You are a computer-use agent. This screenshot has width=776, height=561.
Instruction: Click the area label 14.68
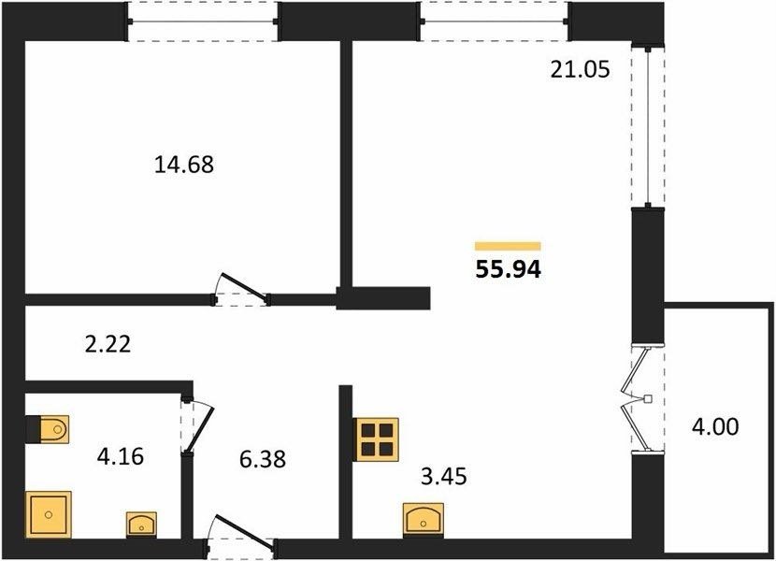click(184, 165)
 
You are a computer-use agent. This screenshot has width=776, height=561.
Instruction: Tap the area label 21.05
click(580, 70)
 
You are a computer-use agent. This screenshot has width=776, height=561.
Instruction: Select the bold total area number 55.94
click(509, 269)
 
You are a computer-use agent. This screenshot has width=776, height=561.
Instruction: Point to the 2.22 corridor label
click(108, 344)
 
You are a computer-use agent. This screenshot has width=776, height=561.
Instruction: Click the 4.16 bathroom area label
click(121, 456)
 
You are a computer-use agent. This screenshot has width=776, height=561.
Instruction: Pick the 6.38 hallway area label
click(263, 459)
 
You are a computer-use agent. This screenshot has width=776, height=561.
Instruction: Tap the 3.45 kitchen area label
click(444, 476)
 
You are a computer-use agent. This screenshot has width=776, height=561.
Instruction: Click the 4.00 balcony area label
click(715, 426)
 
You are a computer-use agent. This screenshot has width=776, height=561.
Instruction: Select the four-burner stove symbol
click(376, 439)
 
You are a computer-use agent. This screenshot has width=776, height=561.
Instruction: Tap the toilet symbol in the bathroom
click(54, 429)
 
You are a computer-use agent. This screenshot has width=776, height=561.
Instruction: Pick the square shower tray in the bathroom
click(48, 514)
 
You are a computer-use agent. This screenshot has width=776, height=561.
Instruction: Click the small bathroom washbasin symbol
click(141, 525)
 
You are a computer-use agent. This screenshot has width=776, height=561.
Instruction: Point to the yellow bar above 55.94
click(508, 246)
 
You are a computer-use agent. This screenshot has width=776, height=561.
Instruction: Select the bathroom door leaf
click(200, 429)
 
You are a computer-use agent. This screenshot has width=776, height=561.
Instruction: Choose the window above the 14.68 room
click(202, 22)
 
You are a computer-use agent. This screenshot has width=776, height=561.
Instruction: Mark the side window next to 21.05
click(648, 126)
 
